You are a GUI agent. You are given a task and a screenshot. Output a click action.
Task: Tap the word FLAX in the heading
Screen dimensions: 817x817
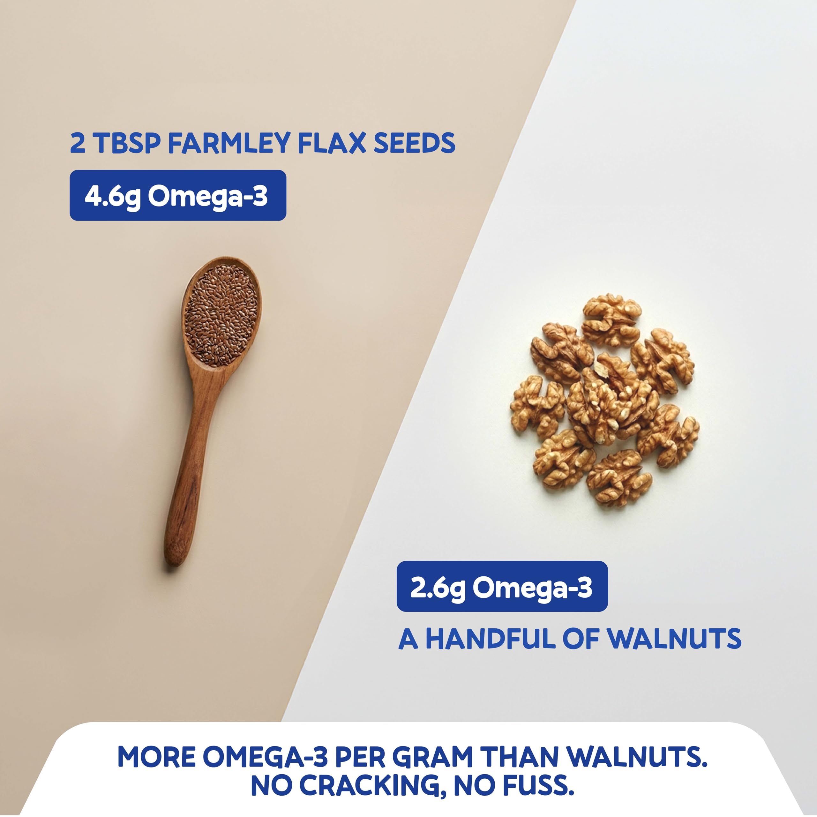(332, 143)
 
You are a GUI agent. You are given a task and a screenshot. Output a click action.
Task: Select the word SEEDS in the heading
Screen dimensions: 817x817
(415, 143)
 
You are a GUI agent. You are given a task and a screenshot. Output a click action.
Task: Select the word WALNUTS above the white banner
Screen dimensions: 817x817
(674, 639)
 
